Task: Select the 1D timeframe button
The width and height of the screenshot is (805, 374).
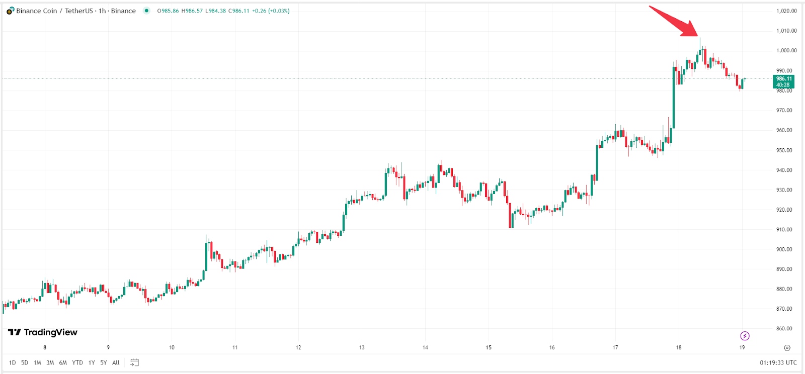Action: pos(12,362)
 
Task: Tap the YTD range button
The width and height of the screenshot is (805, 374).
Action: pos(77,362)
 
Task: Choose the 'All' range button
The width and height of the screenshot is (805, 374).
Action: pos(116,362)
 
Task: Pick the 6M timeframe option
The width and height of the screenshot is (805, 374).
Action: pos(63,362)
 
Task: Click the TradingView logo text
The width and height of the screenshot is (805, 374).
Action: pos(43,332)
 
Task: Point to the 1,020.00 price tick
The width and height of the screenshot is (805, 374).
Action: pos(786,11)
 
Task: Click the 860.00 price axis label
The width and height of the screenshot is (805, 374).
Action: pos(784,329)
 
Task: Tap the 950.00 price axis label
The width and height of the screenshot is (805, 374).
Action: pos(784,150)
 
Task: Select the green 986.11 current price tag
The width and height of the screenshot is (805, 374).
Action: pos(783,81)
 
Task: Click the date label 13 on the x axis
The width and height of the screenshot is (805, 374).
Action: pos(362,347)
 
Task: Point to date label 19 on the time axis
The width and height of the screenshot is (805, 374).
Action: pos(742,347)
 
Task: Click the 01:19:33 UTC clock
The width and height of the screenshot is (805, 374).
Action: pos(778,362)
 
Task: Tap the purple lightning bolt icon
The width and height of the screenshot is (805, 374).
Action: pos(745,336)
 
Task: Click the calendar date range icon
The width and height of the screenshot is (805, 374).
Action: pos(134,362)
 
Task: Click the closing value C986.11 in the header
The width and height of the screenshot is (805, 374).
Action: pos(238,11)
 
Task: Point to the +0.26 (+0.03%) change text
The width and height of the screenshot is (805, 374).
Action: pos(271,11)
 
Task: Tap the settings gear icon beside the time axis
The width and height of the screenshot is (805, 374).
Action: pos(787,347)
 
